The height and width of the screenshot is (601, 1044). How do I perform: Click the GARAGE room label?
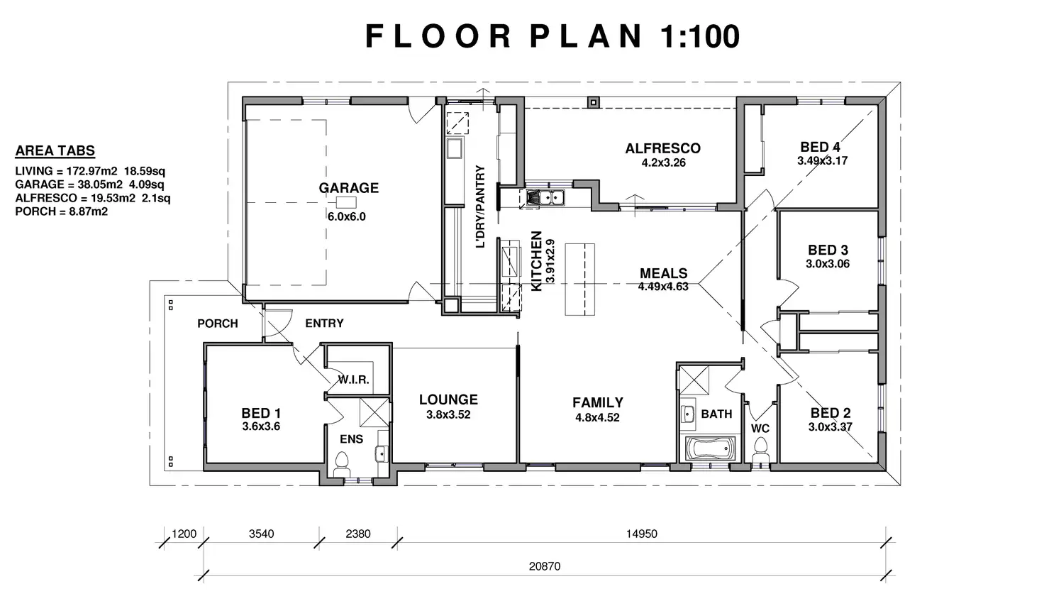click(x=348, y=188)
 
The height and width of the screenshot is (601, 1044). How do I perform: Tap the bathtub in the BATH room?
click(x=710, y=448)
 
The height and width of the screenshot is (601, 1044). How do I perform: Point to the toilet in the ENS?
click(x=342, y=463)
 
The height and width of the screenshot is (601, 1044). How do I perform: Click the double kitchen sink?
click(x=545, y=197)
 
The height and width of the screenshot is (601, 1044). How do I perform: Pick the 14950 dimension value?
click(x=641, y=534)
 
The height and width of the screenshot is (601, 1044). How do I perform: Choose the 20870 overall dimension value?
click(x=545, y=566)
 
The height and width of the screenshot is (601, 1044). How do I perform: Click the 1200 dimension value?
click(x=184, y=534)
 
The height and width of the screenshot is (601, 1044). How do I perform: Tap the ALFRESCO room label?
click(x=662, y=148)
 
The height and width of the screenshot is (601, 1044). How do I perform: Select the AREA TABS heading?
click(x=55, y=150)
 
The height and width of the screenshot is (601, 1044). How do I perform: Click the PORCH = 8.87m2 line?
click(x=62, y=211)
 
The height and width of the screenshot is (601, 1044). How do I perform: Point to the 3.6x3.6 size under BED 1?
click(x=261, y=426)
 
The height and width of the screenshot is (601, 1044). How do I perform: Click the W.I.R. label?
click(x=354, y=380)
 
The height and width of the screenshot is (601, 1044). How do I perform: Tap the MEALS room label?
click(x=663, y=273)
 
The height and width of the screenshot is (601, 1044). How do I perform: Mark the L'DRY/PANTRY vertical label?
click(x=480, y=206)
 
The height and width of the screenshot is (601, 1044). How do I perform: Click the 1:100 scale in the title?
click(x=699, y=36)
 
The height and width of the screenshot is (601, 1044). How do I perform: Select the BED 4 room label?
click(x=821, y=147)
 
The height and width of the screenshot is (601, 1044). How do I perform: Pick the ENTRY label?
click(x=324, y=323)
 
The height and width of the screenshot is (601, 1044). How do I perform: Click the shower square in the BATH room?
click(x=694, y=380)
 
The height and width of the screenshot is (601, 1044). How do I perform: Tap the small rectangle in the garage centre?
click(x=346, y=202)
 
